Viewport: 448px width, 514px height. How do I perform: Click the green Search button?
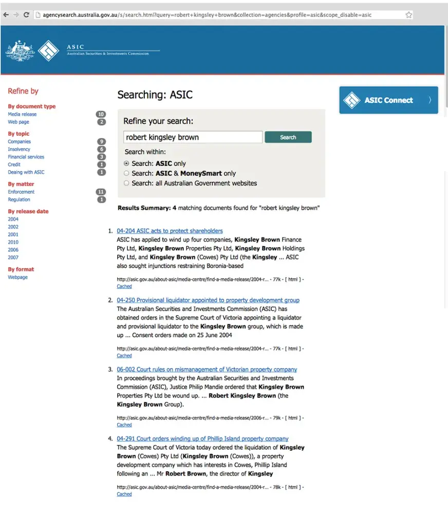288,137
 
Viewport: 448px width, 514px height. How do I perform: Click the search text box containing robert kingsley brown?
193,137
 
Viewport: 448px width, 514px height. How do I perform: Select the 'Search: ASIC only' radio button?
127,163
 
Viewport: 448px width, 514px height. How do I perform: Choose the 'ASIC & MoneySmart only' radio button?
127,174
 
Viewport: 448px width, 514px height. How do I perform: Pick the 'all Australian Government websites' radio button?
127,183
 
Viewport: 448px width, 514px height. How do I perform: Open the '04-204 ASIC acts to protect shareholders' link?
170,231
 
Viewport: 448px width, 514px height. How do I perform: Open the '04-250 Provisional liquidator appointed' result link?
208,300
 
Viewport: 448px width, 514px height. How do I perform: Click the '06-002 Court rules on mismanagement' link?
207,370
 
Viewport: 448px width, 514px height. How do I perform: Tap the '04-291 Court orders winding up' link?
202,439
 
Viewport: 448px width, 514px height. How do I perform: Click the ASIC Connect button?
388,100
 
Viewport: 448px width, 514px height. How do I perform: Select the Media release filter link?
22,114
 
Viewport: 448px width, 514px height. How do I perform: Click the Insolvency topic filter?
19,149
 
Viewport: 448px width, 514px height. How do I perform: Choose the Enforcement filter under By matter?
21,192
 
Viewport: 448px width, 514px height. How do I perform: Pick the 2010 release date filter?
13,242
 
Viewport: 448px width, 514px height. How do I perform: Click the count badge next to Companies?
101,141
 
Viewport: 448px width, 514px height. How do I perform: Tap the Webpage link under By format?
18,277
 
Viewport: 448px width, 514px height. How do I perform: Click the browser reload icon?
26,15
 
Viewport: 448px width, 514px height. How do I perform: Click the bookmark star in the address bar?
408,15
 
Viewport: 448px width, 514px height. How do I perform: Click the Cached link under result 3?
124,425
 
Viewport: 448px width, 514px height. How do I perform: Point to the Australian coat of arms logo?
20,50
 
